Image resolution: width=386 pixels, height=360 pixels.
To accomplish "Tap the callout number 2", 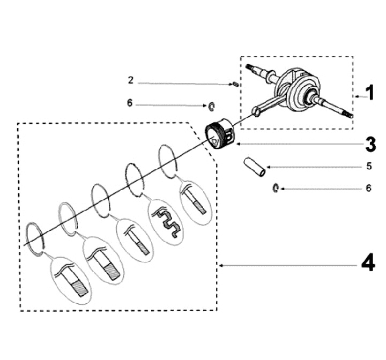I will (x=130, y=80).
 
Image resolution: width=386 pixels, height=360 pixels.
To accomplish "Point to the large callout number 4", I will (x=367, y=265).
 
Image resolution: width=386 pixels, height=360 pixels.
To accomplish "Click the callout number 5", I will (x=368, y=167).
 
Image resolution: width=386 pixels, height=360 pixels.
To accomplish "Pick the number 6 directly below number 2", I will (x=130, y=103).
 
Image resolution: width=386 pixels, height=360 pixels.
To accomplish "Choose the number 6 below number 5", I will (x=368, y=189).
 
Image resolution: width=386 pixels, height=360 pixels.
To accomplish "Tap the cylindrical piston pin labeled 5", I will (x=255, y=166).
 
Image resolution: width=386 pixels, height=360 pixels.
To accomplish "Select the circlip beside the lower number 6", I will (x=275, y=187).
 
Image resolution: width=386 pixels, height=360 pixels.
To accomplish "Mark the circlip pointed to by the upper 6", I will (x=212, y=107).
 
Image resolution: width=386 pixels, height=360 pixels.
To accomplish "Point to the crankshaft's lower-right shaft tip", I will (x=351, y=115).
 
